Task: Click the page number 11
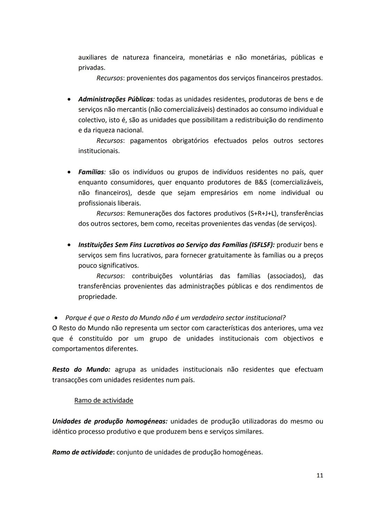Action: coord(320,475)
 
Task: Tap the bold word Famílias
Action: coord(91,172)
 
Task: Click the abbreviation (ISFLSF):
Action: coord(257,245)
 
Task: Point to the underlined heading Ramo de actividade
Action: coord(104,400)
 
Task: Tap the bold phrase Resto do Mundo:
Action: coord(81,369)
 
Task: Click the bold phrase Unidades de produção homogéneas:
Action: coord(110,421)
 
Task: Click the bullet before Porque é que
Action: coord(56,318)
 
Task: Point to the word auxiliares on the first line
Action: coord(92,57)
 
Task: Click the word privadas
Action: coord(92,68)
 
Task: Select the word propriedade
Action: coord(97,297)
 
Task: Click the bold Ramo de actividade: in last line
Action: coord(83,452)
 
